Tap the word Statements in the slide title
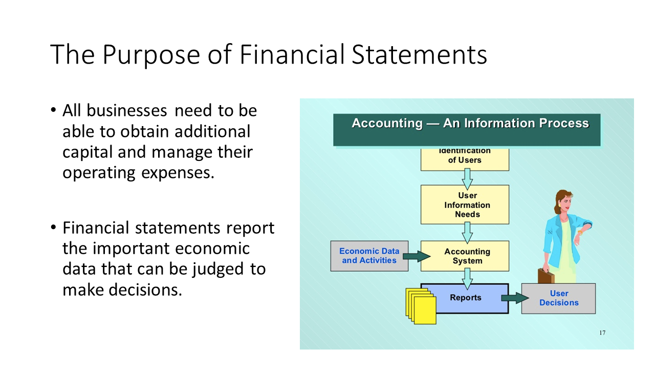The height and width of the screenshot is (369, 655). pos(419,54)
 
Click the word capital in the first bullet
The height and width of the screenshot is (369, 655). pos(88,153)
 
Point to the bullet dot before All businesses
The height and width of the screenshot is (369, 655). pos(53,110)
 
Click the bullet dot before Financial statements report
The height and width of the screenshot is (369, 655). pos(53,228)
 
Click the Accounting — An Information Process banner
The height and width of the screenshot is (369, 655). pos(467,130)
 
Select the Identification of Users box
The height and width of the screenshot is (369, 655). pos(465,159)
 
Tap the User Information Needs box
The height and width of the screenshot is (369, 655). pos(465,204)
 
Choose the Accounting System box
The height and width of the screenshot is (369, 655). pos(465,256)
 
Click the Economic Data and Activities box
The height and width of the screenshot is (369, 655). pos(369,256)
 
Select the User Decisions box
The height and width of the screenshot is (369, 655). pos(558,298)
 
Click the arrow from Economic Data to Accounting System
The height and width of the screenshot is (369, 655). pos(417,257)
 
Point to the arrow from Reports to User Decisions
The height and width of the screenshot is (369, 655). pos(515,298)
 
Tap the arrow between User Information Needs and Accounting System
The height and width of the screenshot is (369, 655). pos(467,233)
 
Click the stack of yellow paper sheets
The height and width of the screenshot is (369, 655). pos(421,306)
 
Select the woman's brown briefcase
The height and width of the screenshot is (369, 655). pos(545,276)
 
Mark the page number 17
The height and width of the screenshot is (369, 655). pos(602,333)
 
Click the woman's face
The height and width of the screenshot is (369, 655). pos(566,202)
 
